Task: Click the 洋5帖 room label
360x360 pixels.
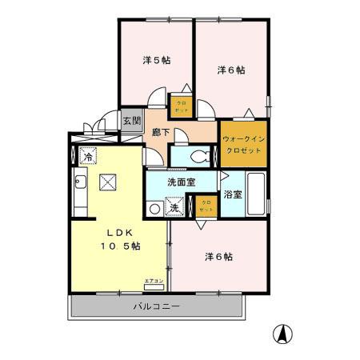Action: click(x=156, y=60)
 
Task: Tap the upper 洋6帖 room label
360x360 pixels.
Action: click(x=231, y=70)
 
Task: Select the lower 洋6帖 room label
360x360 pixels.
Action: click(x=218, y=257)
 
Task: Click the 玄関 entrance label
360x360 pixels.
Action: click(x=132, y=122)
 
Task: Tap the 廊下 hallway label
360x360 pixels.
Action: click(x=160, y=134)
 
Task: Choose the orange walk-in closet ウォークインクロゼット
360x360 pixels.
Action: click(x=244, y=143)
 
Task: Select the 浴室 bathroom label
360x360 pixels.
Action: click(x=233, y=194)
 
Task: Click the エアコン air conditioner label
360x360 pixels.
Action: click(x=154, y=281)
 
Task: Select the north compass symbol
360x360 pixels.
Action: click(x=282, y=332)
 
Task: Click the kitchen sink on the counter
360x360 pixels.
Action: click(x=80, y=189)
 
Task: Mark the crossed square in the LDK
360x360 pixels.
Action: click(x=107, y=182)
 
